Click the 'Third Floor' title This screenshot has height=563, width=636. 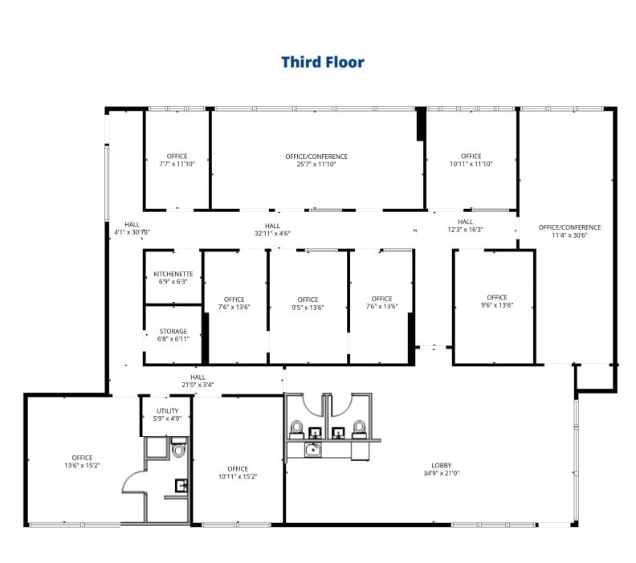coord(322,62)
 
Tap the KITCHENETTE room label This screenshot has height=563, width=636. coord(173,274)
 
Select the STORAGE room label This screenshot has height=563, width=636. coord(173,331)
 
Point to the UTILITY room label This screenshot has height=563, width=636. coord(167,410)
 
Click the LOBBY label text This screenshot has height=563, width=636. coord(442,464)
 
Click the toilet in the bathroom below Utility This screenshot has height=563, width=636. coord(178,450)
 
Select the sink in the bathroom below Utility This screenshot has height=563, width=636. coord(181,484)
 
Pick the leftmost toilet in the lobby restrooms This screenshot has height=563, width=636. coord(296,428)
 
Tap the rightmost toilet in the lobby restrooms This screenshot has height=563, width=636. coord(359,428)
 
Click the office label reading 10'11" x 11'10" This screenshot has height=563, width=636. coord(471,160)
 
